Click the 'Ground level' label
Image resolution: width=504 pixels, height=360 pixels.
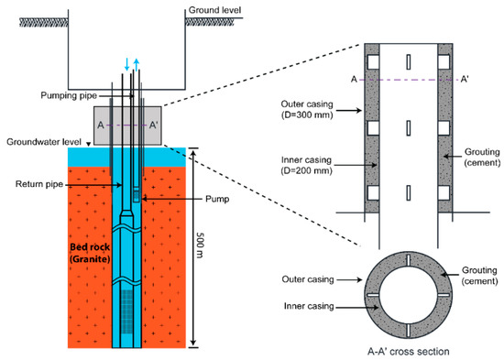pyautogui.click(x=214, y=10)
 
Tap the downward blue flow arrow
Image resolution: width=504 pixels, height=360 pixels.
pyautogui.click(x=127, y=64)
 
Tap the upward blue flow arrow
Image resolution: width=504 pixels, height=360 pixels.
pyautogui.click(x=137, y=65)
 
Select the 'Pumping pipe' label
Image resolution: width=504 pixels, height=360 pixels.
pyautogui.click(x=69, y=95)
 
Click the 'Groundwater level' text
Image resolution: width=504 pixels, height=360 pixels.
pyautogui.click(x=44, y=142)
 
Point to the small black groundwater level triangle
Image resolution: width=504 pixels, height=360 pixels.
pyautogui.click(x=89, y=145)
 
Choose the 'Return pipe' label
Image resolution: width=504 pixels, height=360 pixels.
pyautogui.click(x=39, y=184)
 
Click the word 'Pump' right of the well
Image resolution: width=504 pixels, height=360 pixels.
pyautogui.click(x=217, y=199)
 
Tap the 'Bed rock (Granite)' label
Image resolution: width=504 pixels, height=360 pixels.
pyautogui.click(x=90, y=253)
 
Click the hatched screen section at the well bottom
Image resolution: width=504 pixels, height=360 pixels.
pyautogui.click(x=127, y=307)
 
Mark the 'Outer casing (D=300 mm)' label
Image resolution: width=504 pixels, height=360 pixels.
pyautogui.click(x=307, y=109)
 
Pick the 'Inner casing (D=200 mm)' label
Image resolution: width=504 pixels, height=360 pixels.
pyautogui.click(x=307, y=165)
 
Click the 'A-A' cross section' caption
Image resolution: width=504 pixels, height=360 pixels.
pyautogui.click(x=408, y=352)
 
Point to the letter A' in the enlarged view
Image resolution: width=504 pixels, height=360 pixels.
pyautogui.click(x=465, y=79)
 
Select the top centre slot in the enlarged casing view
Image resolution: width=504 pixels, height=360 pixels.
pyautogui.click(x=408, y=62)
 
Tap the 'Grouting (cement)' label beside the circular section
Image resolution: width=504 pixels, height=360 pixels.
pyautogui.click(x=479, y=276)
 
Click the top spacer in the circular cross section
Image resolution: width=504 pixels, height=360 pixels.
pyautogui.click(x=408, y=261)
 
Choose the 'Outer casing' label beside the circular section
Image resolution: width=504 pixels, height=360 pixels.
pyautogui.click(x=308, y=279)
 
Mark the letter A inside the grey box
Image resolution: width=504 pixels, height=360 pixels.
pyautogui.click(x=101, y=125)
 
